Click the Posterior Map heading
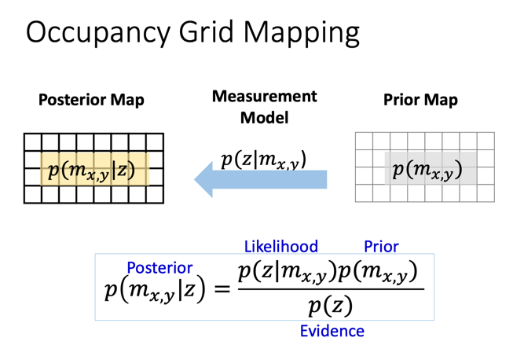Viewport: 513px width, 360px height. point(91,101)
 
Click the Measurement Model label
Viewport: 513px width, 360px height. point(264,107)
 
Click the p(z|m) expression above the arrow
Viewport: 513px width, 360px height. point(262,159)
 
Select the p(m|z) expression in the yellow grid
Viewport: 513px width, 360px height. point(92,170)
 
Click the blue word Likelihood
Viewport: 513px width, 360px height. point(281,246)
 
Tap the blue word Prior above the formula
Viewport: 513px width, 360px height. point(381,246)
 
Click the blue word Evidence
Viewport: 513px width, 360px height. point(332,331)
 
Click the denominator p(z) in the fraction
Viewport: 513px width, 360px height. point(330,304)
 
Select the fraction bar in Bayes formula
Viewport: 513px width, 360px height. point(330,288)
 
